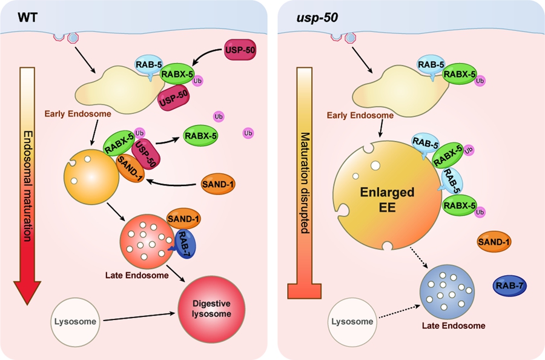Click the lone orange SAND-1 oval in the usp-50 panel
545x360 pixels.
pyautogui.click(x=494, y=242)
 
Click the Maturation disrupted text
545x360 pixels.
pyautogui.click(x=305, y=182)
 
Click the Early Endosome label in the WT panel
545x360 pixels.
pyautogui.click(x=73, y=113)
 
